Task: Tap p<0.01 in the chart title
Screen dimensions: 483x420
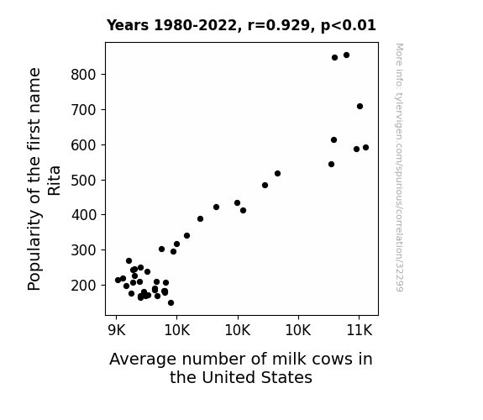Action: [x=349, y=26]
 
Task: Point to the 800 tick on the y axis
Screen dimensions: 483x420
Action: [x=84, y=75]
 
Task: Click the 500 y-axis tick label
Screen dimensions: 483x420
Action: [x=84, y=181]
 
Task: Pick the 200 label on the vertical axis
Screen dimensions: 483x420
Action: [x=84, y=286]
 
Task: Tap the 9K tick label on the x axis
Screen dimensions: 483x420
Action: [x=117, y=331]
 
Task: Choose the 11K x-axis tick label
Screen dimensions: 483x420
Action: [x=360, y=331]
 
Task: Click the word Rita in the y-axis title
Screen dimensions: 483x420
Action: [x=55, y=181]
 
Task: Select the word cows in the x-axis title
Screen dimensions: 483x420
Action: [x=333, y=359]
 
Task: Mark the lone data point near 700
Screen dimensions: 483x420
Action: [x=360, y=107]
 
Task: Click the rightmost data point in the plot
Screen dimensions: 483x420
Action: [x=365, y=147]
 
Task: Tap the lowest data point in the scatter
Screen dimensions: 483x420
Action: [x=171, y=303]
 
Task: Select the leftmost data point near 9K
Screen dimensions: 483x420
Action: [x=118, y=280]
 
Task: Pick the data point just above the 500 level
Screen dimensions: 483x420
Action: [x=277, y=174]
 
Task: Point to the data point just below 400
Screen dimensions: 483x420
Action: [x=200, y=218]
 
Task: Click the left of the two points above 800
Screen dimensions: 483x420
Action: [x=335, y=58]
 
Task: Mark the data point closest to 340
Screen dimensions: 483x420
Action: [x=186, y=236]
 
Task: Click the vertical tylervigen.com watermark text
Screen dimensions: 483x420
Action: [x=399, y=167]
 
